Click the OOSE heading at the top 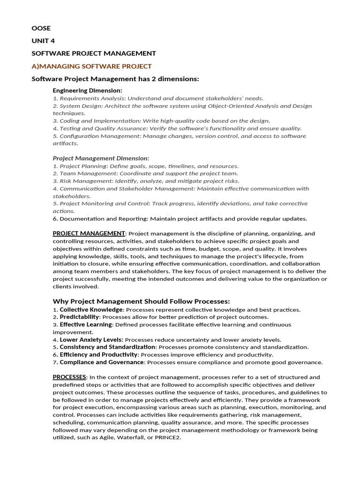point(41,28)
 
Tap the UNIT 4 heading point(43,41)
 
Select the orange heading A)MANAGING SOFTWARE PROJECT point(91,66)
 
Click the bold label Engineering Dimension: point(87,90)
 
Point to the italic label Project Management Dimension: point(101,158)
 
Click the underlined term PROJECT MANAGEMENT point(89,233)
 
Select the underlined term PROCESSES point(69,377)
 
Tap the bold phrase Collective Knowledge point(91,309)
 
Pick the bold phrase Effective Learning point(86,324)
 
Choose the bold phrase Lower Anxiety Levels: point(91,339)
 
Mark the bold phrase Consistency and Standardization point(107,347)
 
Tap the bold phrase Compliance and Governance point(101,362)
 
